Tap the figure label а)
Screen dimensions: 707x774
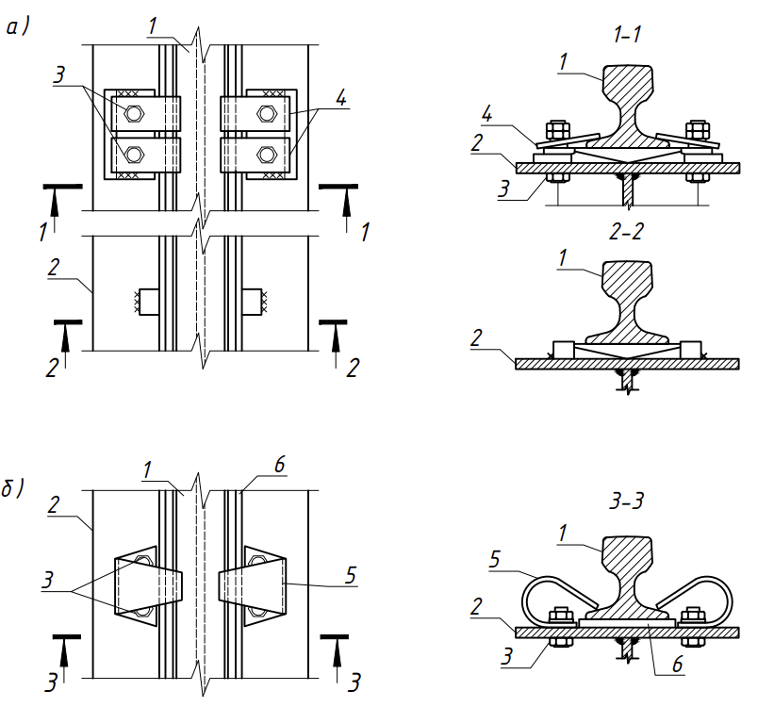(x=18, y=28)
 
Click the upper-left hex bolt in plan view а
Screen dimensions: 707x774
(x=134, y=114)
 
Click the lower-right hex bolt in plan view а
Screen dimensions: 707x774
(x=267, y=155)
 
